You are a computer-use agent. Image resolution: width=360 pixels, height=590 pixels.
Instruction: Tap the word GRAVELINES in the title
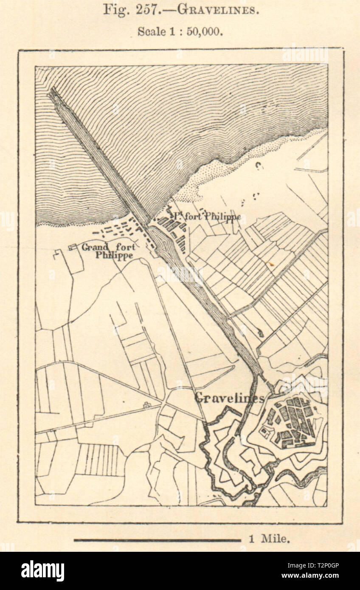[x=217, y=10]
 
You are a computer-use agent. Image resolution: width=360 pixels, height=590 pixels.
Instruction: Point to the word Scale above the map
[x=151, y=32]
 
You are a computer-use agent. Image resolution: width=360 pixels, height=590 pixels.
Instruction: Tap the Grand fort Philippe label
[x=109, y=251]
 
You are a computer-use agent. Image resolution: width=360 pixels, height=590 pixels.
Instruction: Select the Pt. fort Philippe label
[x=206, y=216]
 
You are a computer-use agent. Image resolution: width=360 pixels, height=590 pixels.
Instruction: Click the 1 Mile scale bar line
[x=157, y=540]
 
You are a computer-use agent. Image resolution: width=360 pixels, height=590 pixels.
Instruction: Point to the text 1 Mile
[x=270, y=539]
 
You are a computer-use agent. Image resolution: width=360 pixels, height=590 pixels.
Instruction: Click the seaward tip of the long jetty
[x=52, y=90]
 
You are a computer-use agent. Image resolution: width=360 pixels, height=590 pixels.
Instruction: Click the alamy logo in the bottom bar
[x=42, y=571]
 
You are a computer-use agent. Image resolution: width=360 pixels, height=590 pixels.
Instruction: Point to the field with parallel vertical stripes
[x=100, y=460]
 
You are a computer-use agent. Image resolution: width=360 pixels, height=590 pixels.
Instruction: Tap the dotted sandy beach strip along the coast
[x=225, y=170]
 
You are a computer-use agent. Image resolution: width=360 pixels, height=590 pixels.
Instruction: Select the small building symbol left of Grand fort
[x=73, y=247]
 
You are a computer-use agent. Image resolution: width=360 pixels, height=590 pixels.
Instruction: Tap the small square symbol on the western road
[x=147, y=405]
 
